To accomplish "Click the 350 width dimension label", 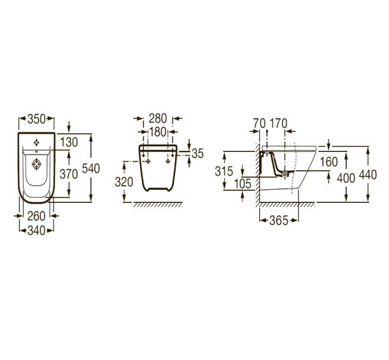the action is [37, 119].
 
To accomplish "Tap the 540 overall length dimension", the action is [91, 169].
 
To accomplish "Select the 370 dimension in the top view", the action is [69, 174].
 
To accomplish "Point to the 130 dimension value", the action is [69, 142].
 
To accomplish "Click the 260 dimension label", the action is [37, 217].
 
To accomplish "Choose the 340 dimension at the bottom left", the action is [37, 231].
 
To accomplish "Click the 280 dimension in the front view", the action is [158, 119].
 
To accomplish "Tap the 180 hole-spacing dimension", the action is [158, 132].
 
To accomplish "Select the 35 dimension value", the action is [198, 154].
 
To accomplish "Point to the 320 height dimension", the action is [124, 182].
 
